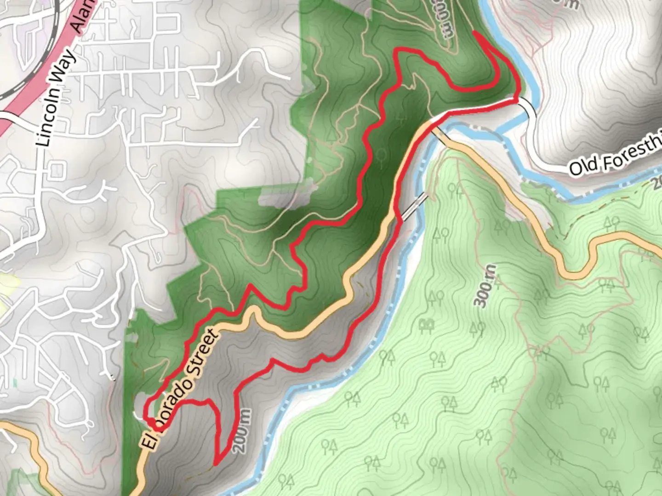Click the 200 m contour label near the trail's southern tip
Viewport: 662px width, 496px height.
pyautogui.click(x=242, y=431)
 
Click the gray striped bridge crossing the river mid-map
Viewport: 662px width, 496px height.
pyautogui.click(x=415, y=206)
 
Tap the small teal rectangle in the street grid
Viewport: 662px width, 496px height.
pyautogui.click(x=15, y=382)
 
